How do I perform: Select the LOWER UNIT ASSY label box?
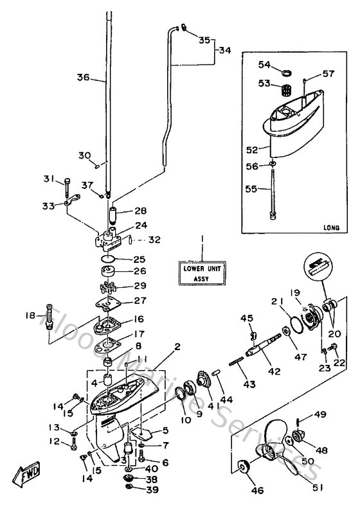pos(201,273)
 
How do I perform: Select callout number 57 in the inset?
pos(328,74)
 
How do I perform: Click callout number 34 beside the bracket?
pos(224,49)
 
